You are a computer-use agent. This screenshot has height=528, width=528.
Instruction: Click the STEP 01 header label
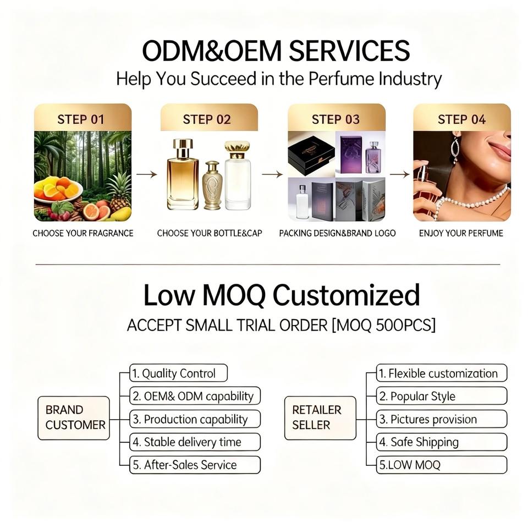coord(81,119)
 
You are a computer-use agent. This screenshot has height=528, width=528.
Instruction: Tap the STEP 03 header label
coord(335,119)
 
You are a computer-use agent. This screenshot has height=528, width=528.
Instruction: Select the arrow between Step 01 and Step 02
coord(147,174)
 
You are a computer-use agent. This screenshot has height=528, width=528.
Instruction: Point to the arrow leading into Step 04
coord(400,174)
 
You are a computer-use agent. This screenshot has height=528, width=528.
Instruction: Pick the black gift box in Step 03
coord(311,155)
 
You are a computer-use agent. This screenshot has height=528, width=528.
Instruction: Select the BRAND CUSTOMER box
coord(74,418)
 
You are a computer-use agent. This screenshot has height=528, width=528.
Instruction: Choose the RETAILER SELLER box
coord(320,418)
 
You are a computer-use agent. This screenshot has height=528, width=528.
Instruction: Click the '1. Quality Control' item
coord(178,373)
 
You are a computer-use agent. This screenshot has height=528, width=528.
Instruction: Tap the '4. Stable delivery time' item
coord(195,442)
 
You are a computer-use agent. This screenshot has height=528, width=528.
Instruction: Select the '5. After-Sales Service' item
coord(195,465)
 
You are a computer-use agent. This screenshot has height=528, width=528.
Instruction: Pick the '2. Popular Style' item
coord(442,396)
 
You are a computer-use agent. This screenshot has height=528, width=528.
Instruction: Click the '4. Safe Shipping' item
coord(442,442)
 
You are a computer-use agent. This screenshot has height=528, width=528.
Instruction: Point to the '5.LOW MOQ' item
coord(442,465)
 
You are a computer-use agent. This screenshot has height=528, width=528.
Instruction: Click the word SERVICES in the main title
coord(349,51)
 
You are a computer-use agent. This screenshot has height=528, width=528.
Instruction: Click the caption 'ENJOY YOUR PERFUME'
coord(461,233)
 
